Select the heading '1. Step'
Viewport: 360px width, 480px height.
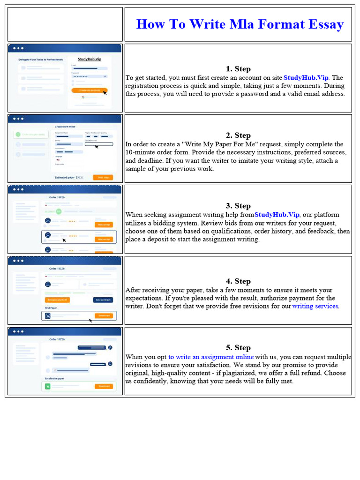(x=238, y=69)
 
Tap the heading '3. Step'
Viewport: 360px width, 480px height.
(x=238, y=206)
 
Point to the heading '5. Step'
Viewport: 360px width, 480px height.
(x=238, y=347)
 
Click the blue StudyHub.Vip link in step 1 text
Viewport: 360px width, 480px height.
(x=306, y=78)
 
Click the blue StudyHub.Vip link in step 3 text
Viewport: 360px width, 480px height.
(x=277, y=215)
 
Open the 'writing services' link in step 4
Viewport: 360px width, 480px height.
(x=315, y=306)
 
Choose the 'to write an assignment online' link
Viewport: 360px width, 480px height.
(x=211, y=357)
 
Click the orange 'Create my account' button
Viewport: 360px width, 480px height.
(x=90, y=90)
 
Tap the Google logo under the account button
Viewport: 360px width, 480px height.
(x=82, y=97)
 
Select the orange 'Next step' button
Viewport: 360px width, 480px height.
(x=103, y=177)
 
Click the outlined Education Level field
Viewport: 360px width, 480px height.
(x=98, y=144)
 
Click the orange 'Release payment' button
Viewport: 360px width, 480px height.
(x=57, y=300)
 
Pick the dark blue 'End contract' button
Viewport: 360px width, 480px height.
(x=103, y=300)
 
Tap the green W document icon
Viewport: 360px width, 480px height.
(x=47, y=387)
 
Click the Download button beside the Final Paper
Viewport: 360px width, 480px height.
(x=104, y=315)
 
